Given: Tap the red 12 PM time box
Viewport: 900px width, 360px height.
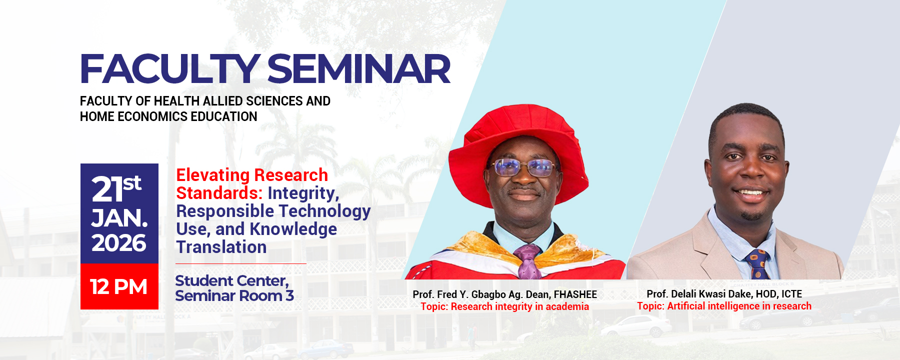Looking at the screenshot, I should pos(119,287).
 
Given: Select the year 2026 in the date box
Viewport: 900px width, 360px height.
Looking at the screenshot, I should pos(119,243).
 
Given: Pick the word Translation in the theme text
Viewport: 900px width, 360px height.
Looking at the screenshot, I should pos(221,247).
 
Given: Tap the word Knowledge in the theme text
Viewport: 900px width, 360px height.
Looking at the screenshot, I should pos(293,229).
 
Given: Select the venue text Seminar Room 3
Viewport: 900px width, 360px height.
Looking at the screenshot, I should pos(234,296).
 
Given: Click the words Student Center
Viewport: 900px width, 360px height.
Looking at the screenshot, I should pos(231,280).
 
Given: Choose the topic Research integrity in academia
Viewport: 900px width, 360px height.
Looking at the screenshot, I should pos(519,306).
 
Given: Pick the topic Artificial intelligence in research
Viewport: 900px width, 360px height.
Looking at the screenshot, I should pos(739,306).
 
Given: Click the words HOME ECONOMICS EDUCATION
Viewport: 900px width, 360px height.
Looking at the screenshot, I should pos(168,116).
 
